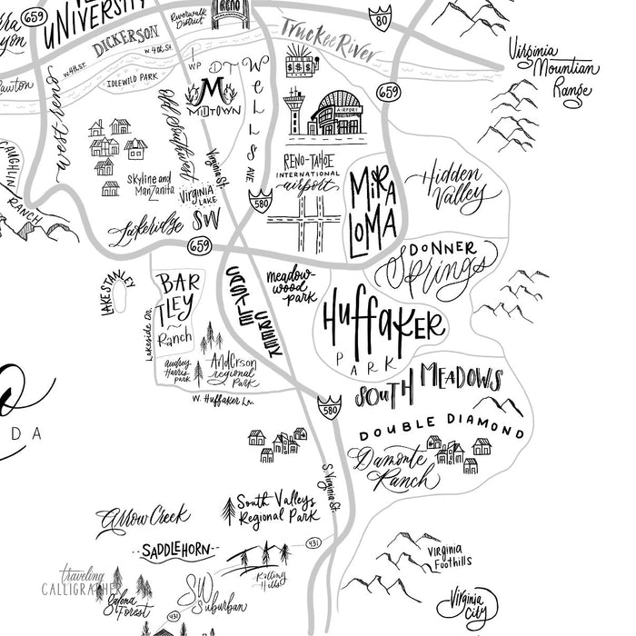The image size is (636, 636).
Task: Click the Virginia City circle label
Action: (x=468, y=603)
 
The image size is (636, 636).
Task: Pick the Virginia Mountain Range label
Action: (x=554, y=68)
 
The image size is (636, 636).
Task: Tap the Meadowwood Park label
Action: (x=291, y=284)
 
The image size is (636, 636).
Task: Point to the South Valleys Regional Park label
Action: (x=276, y=508)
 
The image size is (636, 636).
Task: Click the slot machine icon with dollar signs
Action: (x=301, y=65)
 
